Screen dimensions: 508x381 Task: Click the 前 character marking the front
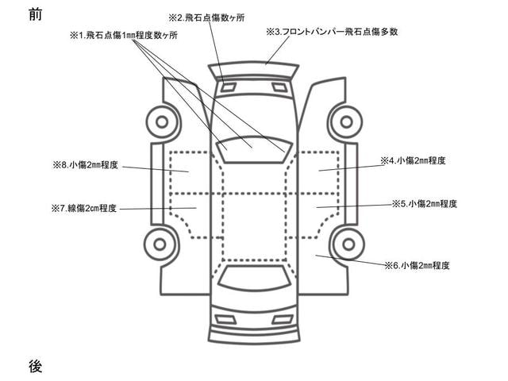tap(35, 14)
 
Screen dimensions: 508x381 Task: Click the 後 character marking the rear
tap(35, 367)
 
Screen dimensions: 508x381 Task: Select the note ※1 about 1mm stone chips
tap(124, 35)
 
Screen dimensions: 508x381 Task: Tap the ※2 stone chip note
tap(206, 17)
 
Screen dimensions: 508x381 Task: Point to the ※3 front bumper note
tap(332, 32)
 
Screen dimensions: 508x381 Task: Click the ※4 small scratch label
tap(413, 160)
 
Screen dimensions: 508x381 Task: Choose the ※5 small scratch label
tap(425, 204)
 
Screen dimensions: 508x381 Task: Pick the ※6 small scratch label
tap(418, 266)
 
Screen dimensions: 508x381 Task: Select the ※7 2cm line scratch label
tap(84, 208)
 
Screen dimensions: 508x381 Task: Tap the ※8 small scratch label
tap(85, 165)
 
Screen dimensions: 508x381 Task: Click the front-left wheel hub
tap(162, 122)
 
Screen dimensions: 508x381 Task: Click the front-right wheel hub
tap(346, 122)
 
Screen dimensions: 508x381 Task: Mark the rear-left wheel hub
tap(160, 244)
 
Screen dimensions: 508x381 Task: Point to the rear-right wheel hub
tap(348, 244)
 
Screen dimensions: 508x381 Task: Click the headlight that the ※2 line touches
tap(229, 87)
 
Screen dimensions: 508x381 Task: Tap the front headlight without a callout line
tap(278, 87)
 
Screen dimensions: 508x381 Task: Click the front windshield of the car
tap(255, 150)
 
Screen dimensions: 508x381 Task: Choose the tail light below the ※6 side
tap(283, 319)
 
